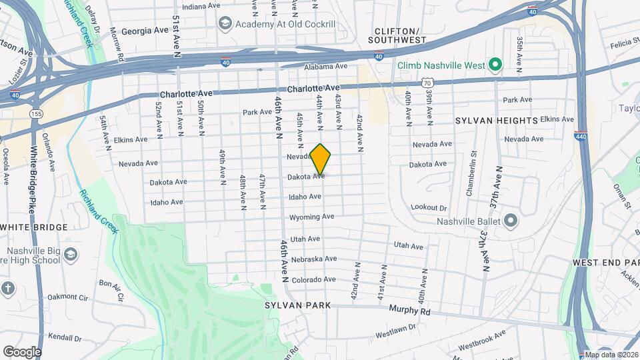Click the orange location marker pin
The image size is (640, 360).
tap(321, 159)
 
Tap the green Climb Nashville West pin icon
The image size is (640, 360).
tap(495, 65)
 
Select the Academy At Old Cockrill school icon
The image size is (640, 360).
tap(225, 24)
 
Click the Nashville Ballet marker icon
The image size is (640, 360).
tap(511, 221)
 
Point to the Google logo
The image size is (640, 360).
tap(22, 351)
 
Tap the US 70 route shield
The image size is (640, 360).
tap(427, 82)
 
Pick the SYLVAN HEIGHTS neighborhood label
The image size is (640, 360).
tap(496, 121)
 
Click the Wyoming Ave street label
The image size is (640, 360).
tap(311, 217)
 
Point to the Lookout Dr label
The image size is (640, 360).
tap(429, 208)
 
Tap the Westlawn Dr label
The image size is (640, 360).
tap(395, 331)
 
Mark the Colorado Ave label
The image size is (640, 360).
tap(313, 280)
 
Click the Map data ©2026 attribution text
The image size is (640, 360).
tap(611, 355)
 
